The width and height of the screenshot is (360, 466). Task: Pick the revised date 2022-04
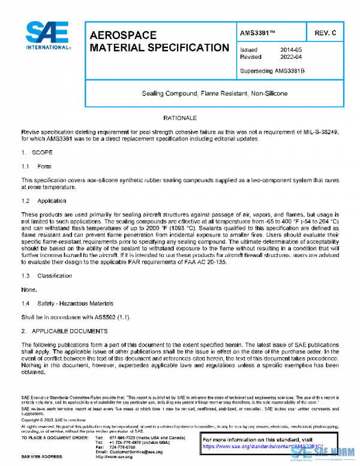click(291, 57)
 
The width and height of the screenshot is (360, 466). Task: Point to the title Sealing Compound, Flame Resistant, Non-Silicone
click(214, 94)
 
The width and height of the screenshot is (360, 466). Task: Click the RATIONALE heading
click(180, 118)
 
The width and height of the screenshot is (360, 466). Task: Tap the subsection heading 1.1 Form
click(37, 166)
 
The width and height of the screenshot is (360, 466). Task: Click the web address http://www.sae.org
click(115, 457)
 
